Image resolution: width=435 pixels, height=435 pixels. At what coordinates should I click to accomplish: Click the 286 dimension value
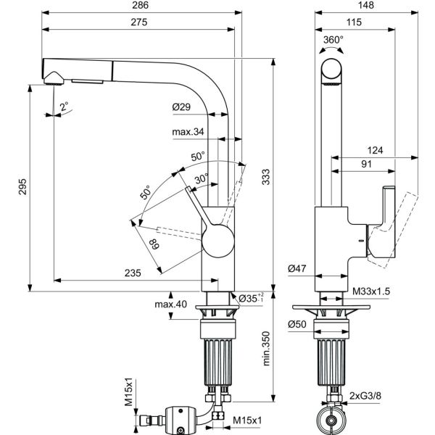tap(141, 5)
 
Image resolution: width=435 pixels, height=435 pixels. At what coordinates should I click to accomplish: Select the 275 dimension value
tap(139, 22)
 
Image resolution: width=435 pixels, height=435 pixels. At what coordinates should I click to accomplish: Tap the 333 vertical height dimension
tap(266, 177)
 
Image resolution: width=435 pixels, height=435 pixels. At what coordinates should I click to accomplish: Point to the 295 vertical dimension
tap(22, 187)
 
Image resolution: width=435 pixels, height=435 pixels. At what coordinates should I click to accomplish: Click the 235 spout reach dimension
tap(133, 273)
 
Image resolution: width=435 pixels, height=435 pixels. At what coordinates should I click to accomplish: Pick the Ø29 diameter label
tap(181, 107)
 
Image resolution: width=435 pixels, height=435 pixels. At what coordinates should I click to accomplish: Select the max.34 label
tap(188, 131)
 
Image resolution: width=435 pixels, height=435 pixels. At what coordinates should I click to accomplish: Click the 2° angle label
tap(64, 106)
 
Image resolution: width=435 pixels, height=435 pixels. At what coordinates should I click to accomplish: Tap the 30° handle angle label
tap(202, 179)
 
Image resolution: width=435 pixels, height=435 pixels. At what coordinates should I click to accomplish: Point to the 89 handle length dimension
tap(154, 244)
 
